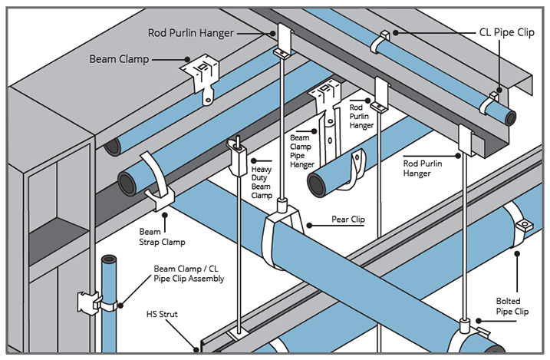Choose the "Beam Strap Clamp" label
tap(163, 236)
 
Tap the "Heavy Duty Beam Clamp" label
tap(262, 181)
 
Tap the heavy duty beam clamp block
tap(239, 157)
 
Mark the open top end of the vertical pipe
tap(108, 259)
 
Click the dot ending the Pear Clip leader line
tap(308, 225)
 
